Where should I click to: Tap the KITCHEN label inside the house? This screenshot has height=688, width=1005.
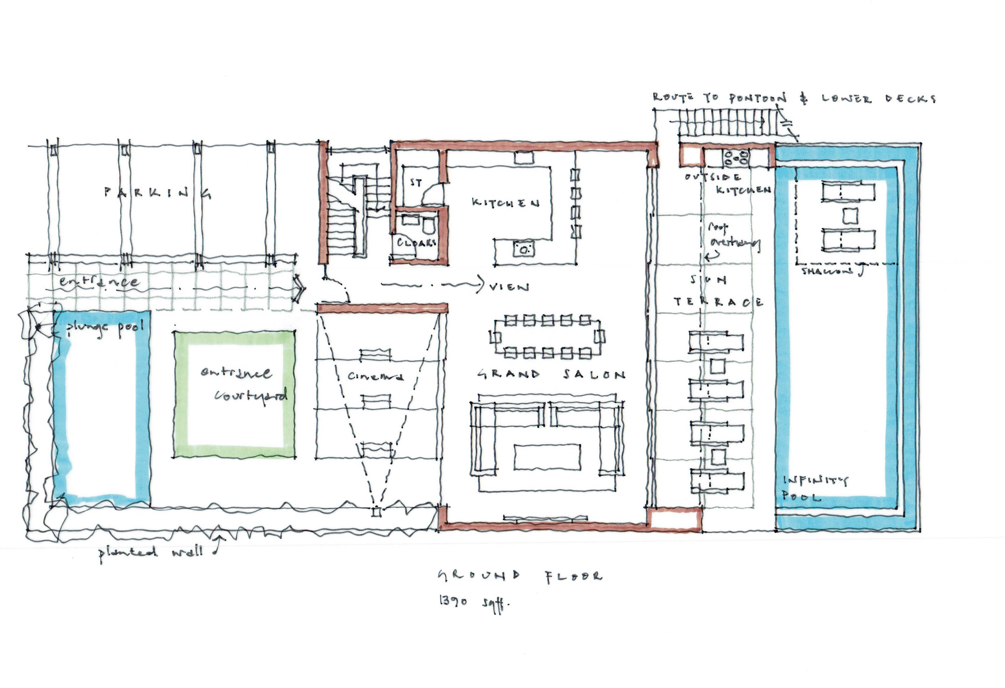click(x=505, y=203)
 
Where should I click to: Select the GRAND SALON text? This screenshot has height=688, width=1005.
click(x=551, y=375)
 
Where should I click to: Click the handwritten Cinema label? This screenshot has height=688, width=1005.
click(x=375, y=376)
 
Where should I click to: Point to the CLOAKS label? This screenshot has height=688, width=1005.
click(x=416, y=243)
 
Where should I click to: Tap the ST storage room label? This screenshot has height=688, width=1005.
click(x=416, y=183)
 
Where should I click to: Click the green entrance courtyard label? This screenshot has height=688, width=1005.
click(x=243, y=384)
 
